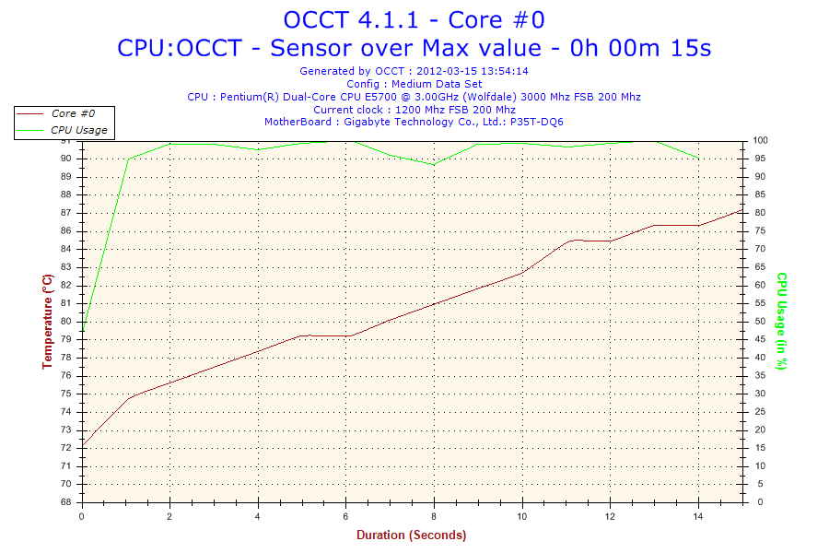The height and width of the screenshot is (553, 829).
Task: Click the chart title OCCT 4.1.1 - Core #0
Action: (414, 19)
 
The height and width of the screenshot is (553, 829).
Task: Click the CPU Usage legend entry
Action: (78, 130)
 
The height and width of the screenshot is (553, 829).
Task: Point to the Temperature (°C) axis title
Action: (47, 321)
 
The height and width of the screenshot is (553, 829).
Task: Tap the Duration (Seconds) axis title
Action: (411, 535)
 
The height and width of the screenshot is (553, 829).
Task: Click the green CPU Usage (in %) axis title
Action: (781, 321)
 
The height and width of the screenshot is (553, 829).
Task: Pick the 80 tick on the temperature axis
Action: (66, 322)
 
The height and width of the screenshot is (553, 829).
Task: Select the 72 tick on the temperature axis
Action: (66, 448)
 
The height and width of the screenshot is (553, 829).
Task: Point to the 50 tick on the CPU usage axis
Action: (759, 322)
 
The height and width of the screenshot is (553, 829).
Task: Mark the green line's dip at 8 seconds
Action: (434, 164)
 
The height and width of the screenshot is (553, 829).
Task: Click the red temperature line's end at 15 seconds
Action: (741, 211)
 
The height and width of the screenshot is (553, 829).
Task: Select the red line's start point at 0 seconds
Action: (83, 448)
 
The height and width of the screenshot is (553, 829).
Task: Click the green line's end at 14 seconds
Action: (698, 159)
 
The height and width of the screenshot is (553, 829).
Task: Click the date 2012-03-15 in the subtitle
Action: (448, 70)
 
